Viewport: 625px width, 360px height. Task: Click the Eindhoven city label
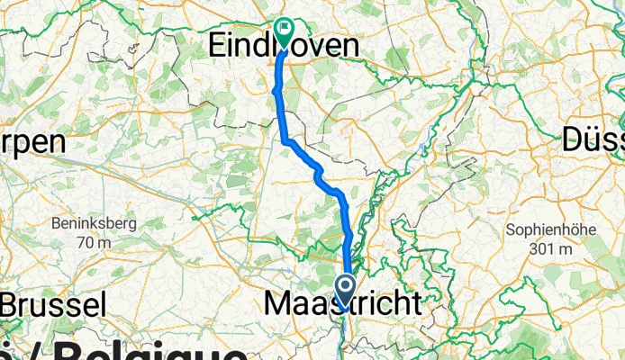pos(283,47)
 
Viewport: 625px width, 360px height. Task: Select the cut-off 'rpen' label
pos(34,142)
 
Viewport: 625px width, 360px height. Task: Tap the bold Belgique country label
pos(135,351)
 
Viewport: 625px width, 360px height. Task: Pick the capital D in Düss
pos(575,139)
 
